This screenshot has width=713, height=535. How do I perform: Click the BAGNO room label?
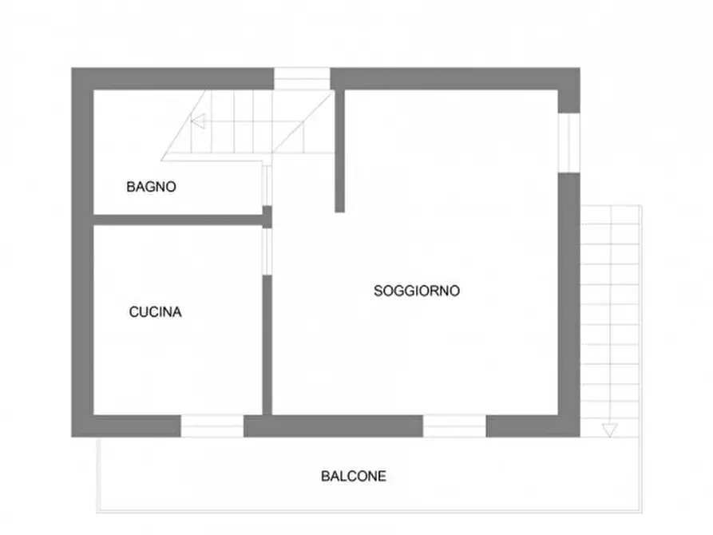[x=151, y=188]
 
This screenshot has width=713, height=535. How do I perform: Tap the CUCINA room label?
[x=156, y=312]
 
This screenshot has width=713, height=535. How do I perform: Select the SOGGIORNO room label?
[x=417, y=291]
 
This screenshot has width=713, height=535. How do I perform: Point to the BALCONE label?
[x=354, y=477]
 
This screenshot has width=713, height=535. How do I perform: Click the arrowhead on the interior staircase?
[x=198, y=121]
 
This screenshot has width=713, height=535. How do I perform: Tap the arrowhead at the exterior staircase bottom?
[x=609, y=430]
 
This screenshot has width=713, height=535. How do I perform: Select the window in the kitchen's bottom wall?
[x=212, y=426]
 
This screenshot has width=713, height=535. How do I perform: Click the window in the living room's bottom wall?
[x=454, y=426]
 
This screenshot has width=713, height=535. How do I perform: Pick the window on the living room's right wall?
[x=568, y=142]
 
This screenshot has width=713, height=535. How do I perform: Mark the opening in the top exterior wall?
[x=302, y=78]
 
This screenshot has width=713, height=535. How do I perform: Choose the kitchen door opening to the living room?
[x=267, y=252]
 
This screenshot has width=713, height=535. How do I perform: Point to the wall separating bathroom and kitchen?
[x=177, y=220]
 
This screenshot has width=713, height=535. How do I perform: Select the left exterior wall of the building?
[x=82, y=252]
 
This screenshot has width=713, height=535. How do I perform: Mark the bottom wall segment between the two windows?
[x=333, y=426]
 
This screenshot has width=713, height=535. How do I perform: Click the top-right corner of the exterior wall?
[x=568, y=78]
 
